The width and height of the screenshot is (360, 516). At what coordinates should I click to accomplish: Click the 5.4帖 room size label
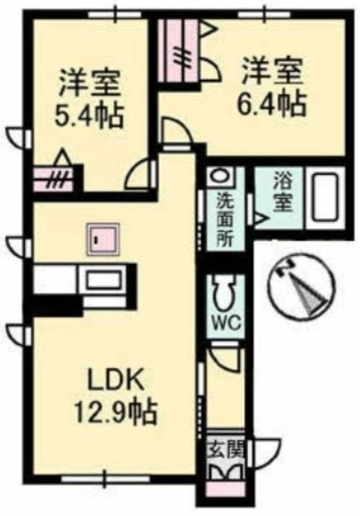[89, 116]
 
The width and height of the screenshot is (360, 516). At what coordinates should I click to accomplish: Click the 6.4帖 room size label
[272, 104]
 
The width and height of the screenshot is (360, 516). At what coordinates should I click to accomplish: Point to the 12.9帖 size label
[115, 412]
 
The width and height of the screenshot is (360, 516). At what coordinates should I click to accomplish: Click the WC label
[226, 324]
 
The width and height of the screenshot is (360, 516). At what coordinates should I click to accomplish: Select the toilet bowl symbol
[226, 293]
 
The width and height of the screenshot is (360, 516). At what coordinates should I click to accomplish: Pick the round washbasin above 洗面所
[221, 175]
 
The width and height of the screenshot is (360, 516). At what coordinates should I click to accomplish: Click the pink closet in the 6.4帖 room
[177, 50]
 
